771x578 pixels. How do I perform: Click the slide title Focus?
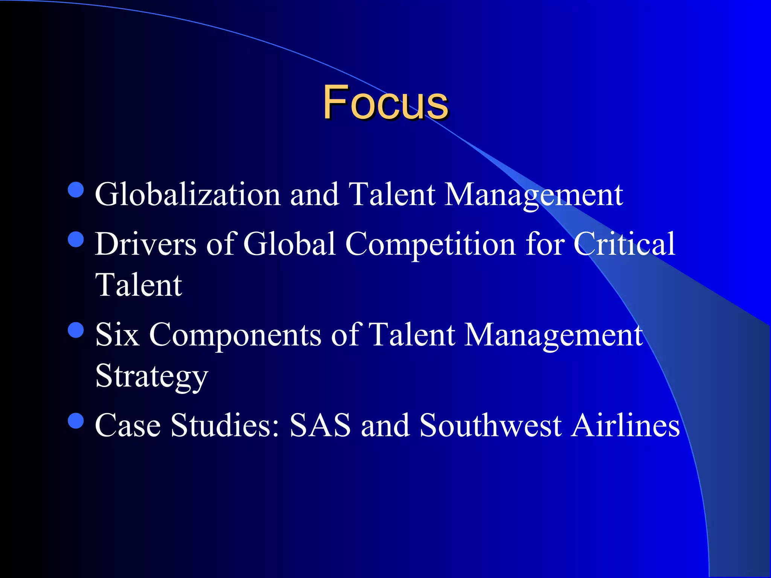[385, 102]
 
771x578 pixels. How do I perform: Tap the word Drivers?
[145, 244]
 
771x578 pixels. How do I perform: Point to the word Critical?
[624, 244]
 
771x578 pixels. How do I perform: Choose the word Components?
[235, 335]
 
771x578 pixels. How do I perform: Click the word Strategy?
[151, 376]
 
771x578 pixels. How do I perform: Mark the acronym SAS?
[320, 425]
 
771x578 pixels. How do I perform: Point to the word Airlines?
[625, 425]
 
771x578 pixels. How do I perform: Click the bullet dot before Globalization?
[76, 190]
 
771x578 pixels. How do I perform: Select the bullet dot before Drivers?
[76, 239]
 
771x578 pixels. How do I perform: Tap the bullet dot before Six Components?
[76, 330]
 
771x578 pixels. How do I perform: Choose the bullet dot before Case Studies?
[76, 421]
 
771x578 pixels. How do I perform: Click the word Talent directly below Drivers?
[139, 285]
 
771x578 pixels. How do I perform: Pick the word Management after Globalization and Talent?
[533, 195]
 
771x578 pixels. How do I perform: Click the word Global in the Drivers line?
[290, 244]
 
